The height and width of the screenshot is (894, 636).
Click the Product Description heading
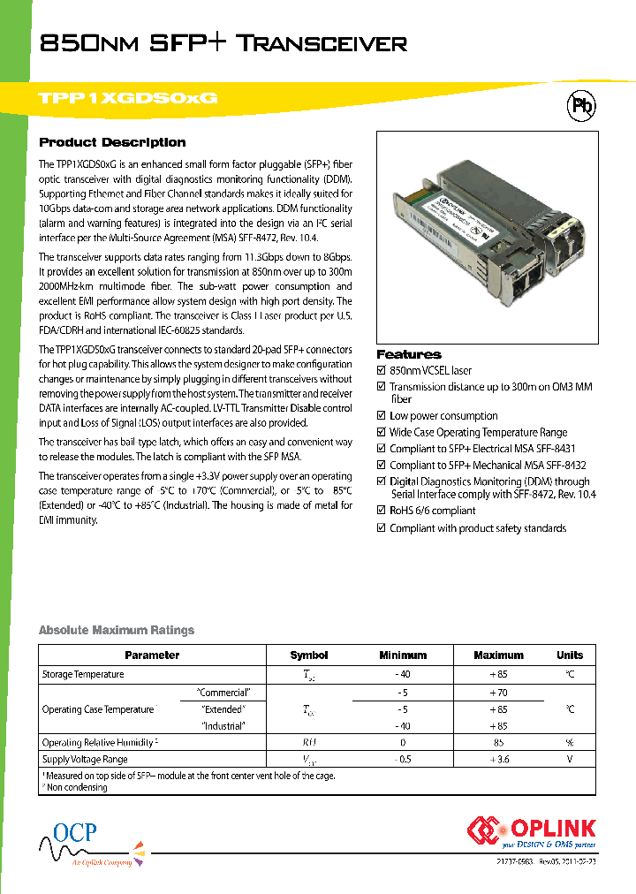[x=112, y=142]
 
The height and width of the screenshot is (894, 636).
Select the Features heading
[x=408, y=354]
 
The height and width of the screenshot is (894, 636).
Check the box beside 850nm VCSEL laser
[x=382, y=371]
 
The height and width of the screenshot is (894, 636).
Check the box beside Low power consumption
[x=382, y=416]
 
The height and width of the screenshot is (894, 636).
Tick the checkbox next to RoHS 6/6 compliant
[x=382, y=511]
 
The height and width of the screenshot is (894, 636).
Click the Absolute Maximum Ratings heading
[x=116, y=630]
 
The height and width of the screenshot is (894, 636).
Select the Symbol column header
[x=308, y=655]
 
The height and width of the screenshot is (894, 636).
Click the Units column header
[x=570, y=655]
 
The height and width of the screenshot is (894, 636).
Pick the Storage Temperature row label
[x=83, y=675]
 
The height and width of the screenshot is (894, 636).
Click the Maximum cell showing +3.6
[x=498, y=760]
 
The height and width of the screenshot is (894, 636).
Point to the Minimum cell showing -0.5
[x=402, y=760]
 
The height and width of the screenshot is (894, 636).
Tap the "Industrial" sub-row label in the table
[x=223, y=726]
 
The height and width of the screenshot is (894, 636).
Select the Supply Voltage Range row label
[x=85, y=760]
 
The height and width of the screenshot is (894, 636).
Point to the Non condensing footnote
[x=77, y=787]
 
